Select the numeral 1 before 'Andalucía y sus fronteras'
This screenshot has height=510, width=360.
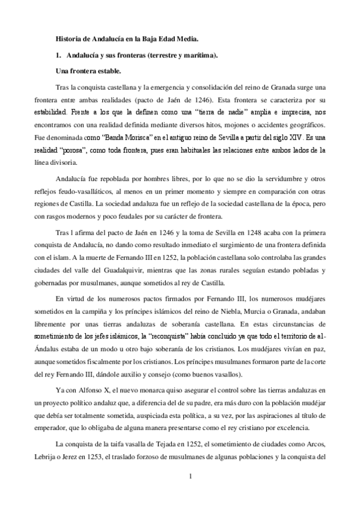click(57, 55)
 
